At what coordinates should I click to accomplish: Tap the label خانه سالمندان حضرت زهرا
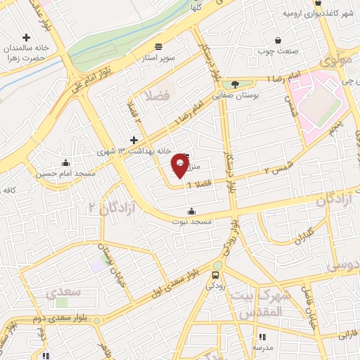[x=27, y=53]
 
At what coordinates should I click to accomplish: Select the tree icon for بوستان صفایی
[x=235, y=84]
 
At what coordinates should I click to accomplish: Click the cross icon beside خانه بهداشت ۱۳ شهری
[x=134, y=141]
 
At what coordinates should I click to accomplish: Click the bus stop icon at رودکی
[x=216, y=275]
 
